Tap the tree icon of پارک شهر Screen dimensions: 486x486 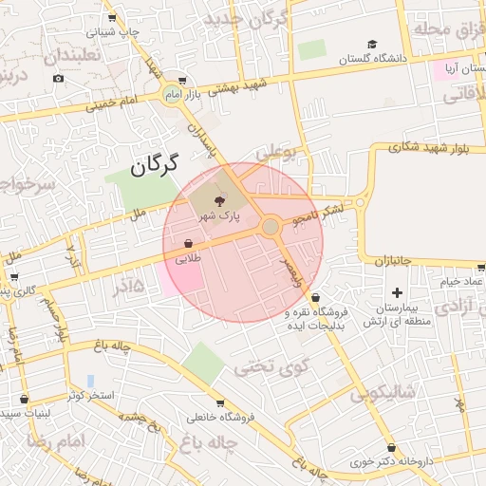click(x=221, y=200)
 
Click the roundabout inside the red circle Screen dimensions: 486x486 click(x=271, y=226)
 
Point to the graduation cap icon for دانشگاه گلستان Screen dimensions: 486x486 click(x=372, y=44)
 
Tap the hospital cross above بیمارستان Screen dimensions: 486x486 click(x=397, y=292)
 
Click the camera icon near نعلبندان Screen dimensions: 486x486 click(x=59, y=78)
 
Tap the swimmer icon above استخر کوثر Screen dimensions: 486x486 click(x=91, y=380)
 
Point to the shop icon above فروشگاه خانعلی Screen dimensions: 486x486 click(x=220, y=402)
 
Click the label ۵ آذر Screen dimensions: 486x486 click(x=129, y=286)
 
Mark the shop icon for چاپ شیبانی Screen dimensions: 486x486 click(x=112, y=17)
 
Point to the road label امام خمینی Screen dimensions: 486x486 click(x=113, y=103)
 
